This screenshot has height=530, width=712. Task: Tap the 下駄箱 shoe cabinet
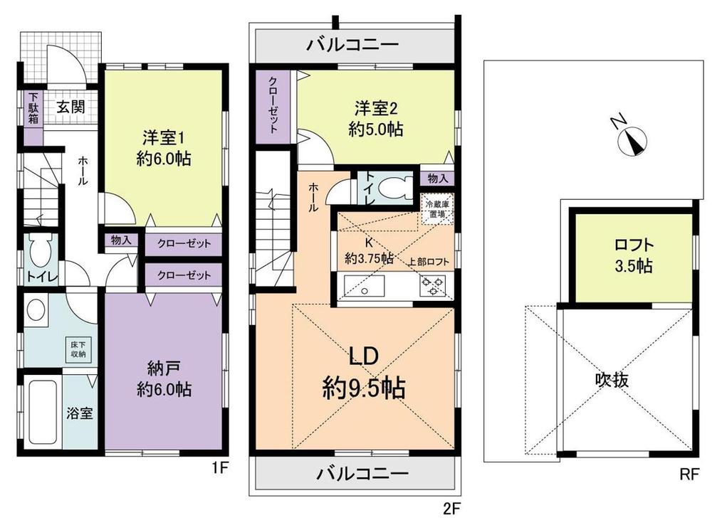(32, 109)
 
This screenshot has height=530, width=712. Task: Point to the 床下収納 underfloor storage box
(78, 348)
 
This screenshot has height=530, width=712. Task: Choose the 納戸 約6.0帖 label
(163, 378)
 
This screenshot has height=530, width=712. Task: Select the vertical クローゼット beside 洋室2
(274, 110)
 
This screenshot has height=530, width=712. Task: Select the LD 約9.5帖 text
(362, 373)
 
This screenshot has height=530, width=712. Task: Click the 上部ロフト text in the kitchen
(429, 261)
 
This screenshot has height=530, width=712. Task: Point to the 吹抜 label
(612, 380)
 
